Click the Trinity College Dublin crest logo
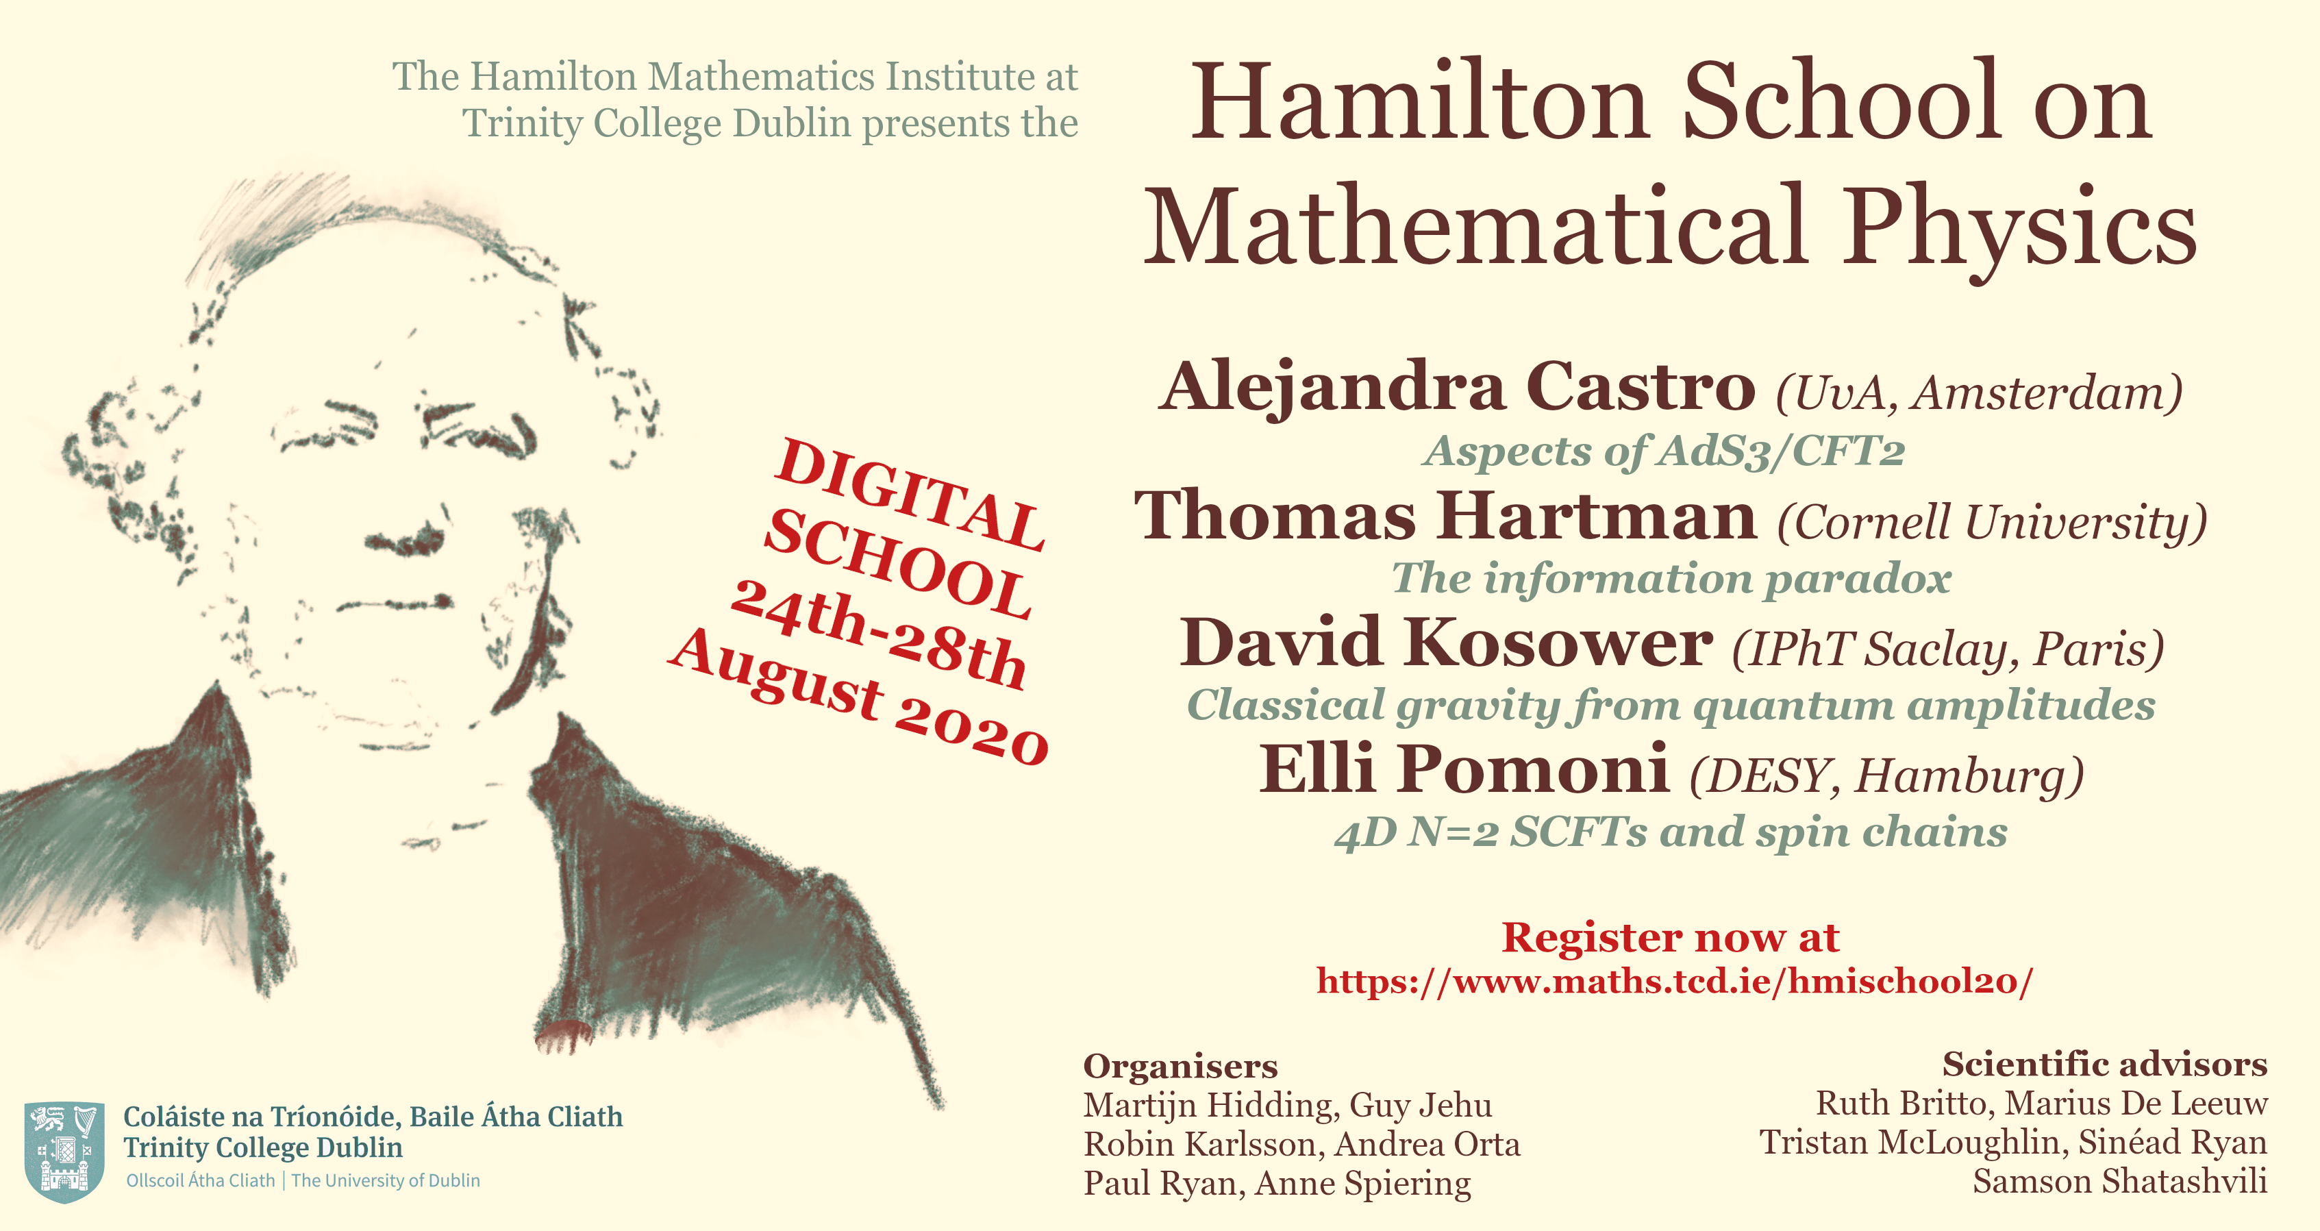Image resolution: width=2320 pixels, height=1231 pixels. pyautogui.click(x=62, y=1151)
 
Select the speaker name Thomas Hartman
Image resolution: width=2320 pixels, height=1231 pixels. pyautogui.click(x=1445, y=516)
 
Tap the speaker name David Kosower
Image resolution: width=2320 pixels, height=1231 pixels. pyautogui.click(x=1445, y=643)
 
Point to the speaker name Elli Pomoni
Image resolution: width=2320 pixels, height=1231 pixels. pyautogui.click(x=1464, y=770)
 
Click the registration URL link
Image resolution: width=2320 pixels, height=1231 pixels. pyautogui.click(x=1673, y=981)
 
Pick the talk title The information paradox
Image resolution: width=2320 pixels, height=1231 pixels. pyautogui.click(x=1671, y=578)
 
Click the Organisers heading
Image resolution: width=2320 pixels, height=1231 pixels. pyautogui.click(x=1180, y=1066)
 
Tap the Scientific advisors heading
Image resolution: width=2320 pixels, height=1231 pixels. pyautogui.click(x=2104, y=1065)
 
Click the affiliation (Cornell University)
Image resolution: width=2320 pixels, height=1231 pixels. pyautogui.click(x=1991, y=521)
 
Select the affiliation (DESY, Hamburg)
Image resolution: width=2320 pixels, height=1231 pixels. pyautogui.click(x=1887, y=775)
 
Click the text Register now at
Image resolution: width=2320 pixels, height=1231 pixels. pyautogui.click(x=1670, y=937)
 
